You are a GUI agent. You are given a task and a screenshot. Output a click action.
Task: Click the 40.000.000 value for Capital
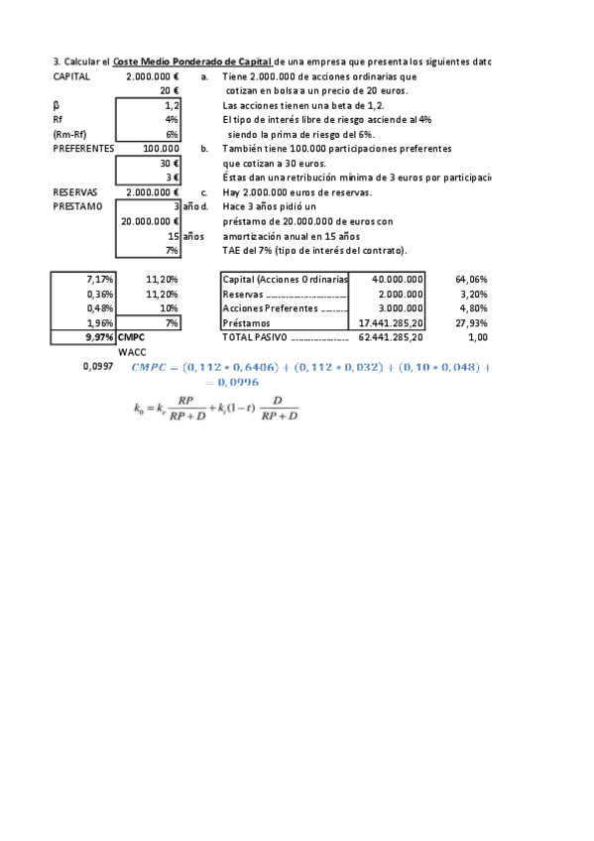(398, 280)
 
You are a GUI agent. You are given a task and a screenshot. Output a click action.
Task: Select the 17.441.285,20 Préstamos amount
(389, 323)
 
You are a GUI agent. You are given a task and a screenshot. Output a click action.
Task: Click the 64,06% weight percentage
(471, 280)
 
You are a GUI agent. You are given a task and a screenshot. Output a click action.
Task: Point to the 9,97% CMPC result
(99, 338)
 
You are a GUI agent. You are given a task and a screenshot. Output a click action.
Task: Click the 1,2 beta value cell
(171, 105)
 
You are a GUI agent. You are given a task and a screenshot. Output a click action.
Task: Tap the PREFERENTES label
(84, 149)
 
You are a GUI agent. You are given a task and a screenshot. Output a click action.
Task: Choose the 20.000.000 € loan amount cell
(149, 222)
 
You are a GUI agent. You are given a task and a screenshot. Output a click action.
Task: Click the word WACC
(131, 352)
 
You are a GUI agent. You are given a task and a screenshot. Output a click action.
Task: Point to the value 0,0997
(97, 367)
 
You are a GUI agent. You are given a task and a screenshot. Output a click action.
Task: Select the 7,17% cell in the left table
(100, 280)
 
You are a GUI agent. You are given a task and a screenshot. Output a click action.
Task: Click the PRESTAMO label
(77, 206)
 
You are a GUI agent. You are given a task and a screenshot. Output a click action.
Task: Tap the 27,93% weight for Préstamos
(471, 323)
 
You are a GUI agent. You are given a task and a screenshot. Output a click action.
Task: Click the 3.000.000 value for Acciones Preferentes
(402, 308)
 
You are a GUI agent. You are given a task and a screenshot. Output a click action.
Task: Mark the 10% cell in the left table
(169, 308)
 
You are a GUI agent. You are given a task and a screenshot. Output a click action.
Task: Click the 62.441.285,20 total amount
(389, 338)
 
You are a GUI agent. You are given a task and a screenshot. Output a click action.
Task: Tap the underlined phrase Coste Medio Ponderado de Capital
(192, 61)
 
